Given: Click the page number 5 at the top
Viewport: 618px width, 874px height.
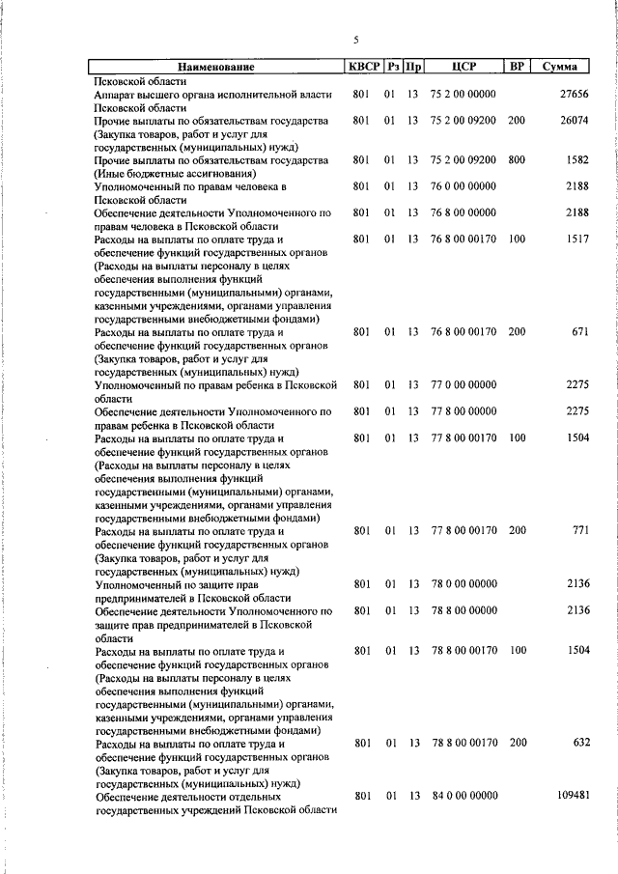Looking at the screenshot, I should click(355, 40).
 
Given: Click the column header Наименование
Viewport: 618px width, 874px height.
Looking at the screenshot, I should click(215, 67).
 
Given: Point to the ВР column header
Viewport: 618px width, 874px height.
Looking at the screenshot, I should click(517, 67).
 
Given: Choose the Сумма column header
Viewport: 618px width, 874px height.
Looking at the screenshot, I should click(560, 67).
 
